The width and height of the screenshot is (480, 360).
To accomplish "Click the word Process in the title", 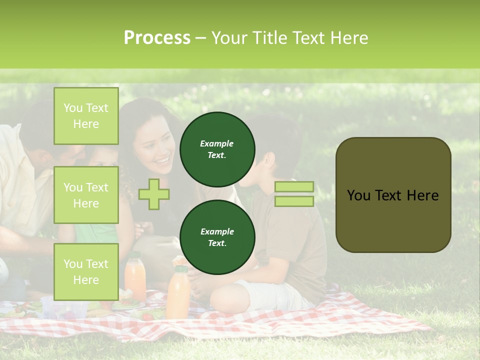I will tap(157, 38).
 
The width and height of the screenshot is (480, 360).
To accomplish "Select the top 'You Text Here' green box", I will tap(86, 116).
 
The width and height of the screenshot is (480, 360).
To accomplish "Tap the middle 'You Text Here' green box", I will tap(86, 195).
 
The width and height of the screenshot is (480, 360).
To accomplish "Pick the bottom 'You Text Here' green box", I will tap(86, 271).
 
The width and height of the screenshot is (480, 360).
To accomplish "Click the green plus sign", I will tap(154, 194).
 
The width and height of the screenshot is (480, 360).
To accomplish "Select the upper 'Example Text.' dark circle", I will tap(217, 149).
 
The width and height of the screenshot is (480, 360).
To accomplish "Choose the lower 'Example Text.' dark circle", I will tap(217, 237).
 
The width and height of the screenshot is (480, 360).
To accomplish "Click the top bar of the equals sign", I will tap(294, 186).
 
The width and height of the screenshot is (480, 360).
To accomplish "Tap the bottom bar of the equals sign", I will tap(294, 201).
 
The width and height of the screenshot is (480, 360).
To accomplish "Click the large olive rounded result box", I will tap(393, 195).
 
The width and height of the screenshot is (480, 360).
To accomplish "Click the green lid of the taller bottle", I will tap(181, 269).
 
